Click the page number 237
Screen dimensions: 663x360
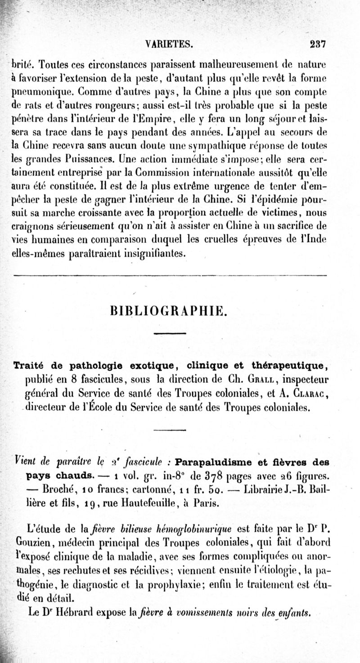pyautogui.click(x=317, y=44)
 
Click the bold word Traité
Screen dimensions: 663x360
pyautogui.click(x=30, y=364)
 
